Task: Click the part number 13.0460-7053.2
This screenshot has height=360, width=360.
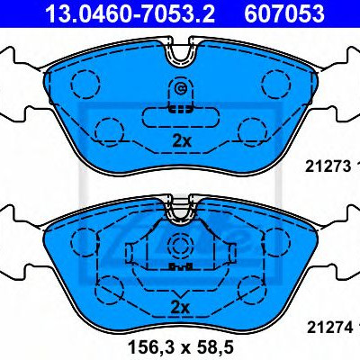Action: (x=130, y=13)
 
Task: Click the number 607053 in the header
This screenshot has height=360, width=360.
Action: (x=284, y=13)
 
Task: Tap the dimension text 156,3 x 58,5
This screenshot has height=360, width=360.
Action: (x=181, y=347)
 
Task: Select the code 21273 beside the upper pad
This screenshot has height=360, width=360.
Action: (x=328, y=166)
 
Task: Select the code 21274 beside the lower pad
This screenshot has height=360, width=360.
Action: (x=328, y=328)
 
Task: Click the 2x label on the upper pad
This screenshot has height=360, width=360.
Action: (x=182, y=140)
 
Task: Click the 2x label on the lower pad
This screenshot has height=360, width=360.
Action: (x=180, y=307)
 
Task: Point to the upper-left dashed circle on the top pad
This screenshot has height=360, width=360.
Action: (x=85, y=84)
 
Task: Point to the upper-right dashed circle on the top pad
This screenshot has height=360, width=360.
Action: (x=276, y=84)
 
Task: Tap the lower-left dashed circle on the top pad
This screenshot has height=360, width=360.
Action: (x=110, y=132)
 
